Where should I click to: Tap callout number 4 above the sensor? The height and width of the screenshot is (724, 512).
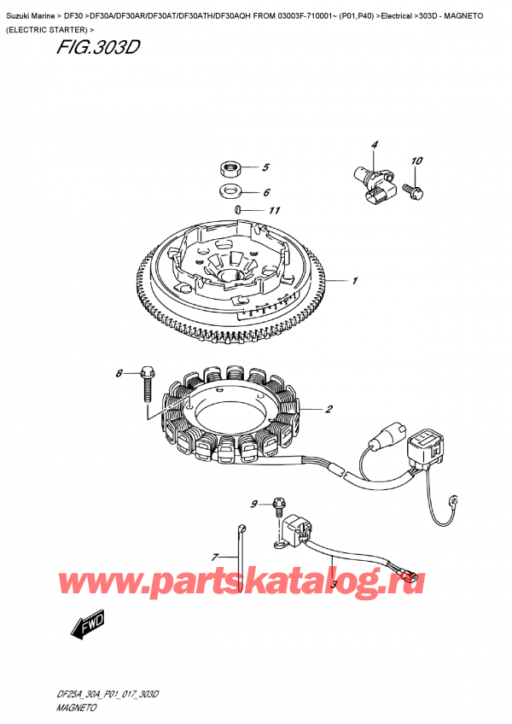point(374,145)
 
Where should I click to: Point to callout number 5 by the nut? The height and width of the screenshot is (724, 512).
point(265,167)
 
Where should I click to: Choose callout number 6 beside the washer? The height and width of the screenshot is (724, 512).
point(265,193)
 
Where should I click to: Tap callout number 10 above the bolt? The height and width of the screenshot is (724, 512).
point(416,161)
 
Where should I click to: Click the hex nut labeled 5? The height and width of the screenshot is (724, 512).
point(229,166)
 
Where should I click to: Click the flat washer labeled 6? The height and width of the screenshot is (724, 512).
point(229,190)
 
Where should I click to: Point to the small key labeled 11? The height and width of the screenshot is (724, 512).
point(240,209)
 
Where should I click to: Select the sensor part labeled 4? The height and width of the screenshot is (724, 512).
point(373,183)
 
